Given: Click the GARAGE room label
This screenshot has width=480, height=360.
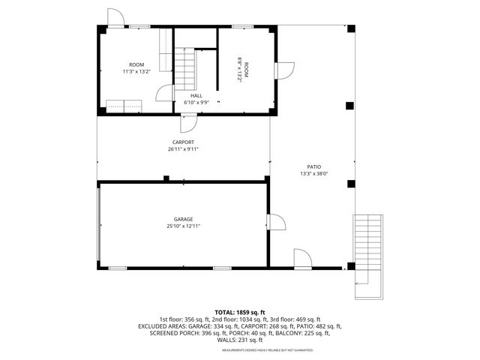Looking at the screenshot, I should [184, 218].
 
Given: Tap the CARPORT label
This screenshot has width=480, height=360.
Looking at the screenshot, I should [184, 142].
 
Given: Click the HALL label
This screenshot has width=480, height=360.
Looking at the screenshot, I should [196, 95].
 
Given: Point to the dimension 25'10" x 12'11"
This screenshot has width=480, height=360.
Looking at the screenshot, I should [184, 226].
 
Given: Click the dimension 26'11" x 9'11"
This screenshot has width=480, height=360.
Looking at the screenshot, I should [184, 149].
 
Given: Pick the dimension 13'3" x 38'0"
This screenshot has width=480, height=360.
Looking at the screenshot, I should [313, 174].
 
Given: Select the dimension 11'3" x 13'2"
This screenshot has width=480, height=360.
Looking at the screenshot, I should [136, 72].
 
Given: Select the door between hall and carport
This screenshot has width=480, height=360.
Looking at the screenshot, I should [190, 121].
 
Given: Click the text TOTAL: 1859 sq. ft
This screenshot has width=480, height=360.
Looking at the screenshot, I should [240, 312].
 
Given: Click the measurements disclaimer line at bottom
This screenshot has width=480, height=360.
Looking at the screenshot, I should [240, 349].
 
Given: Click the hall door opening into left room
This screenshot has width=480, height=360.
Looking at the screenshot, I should [162, 93].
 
